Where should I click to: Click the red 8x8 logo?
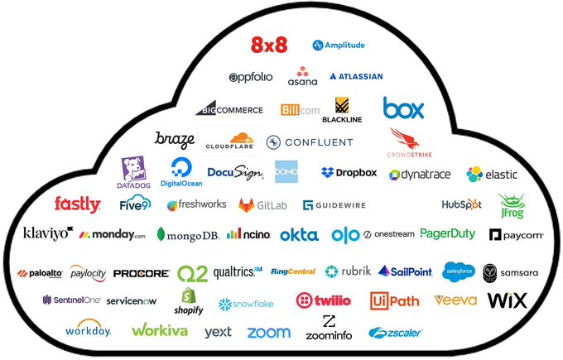click(x=268, y=45)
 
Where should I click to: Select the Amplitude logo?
click(x=339, y=45)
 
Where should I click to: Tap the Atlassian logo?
click(x=356, y=76)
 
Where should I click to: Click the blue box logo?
click(x=403, y=108)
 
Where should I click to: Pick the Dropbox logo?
click(x=349, y=173)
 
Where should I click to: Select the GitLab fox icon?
click(x=247, y=204)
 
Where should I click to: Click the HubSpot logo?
click(x=462, y=204)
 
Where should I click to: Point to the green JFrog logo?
click(x=511, y=204)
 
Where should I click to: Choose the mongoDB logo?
click(x=188, y=235)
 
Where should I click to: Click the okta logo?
click(x=299, y=235)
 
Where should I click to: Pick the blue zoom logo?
click(x=268, y=333)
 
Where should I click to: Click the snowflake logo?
click(x=248, y=304)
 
